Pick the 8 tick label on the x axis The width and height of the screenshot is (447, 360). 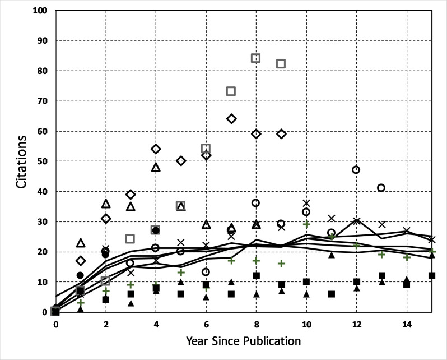[x=256, y=324]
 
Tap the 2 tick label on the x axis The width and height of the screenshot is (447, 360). [x=105, y=324]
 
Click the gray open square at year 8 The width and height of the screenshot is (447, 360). [x=256, y=58]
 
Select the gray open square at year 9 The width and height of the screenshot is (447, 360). [x=281, y=64]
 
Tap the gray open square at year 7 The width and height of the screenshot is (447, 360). [x=231, y=91]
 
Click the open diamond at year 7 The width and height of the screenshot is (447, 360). [x=231, y=118]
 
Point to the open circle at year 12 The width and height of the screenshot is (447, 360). [x=356, y=169]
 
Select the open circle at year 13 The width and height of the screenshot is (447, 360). [x=381, y=188]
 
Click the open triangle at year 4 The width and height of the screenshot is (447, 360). [x=156, y=167]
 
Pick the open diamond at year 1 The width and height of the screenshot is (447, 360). [x=81, y=260]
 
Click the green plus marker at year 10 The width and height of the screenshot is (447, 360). [x=306, y=224]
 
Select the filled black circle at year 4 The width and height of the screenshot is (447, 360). [x=156, y=230]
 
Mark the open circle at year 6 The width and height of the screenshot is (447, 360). [x=206, y=272]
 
